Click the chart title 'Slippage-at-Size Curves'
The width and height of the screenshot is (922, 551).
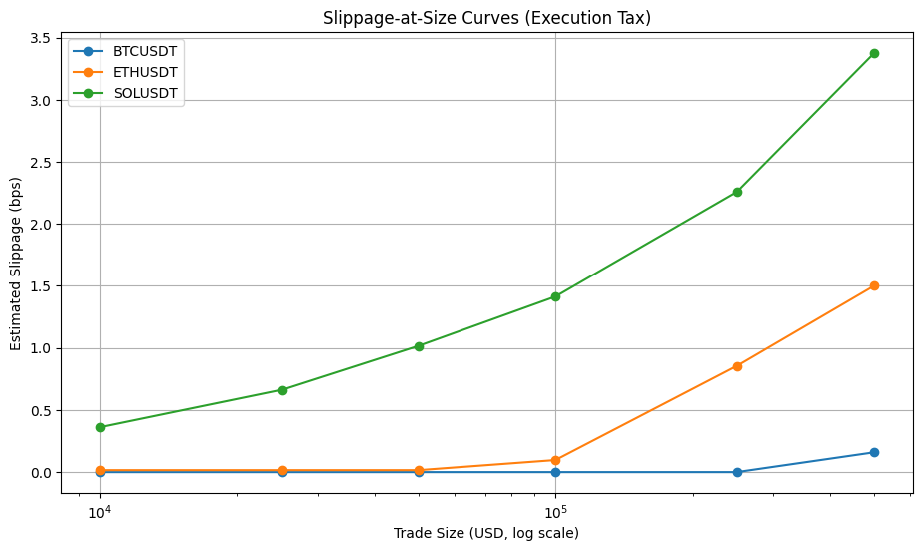pos(486,17)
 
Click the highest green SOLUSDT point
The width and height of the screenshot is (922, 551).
pos(874,53)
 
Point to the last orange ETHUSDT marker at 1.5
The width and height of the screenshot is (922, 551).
pos(874,285)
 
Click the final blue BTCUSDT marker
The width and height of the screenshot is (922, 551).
pos(874,452)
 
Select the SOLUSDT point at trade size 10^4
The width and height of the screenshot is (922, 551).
pos(100,427)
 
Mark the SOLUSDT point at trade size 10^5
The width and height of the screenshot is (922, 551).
pos(555,296)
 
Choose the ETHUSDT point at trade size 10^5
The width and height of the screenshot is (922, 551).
pos(555,460)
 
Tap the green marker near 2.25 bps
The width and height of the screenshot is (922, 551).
pos(737,192)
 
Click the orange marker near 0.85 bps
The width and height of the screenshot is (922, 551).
pos(737,366)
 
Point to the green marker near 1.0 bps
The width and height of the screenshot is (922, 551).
pos(419,346)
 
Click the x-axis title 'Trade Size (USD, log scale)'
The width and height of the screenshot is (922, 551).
pos(486,534)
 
